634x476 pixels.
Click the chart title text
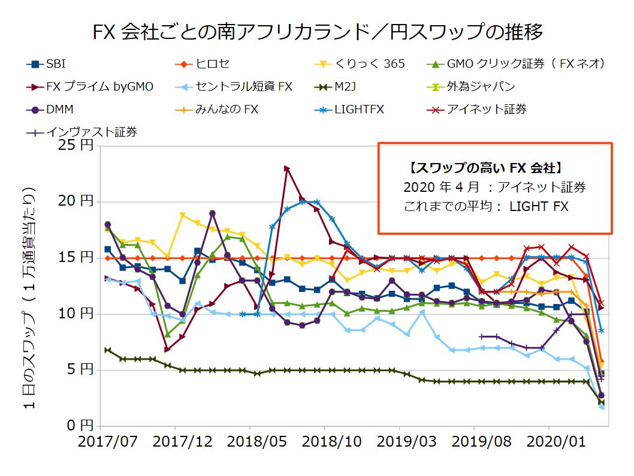(318, 31)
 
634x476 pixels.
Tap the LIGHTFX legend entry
(360, 109)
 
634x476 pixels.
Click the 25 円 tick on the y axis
(78, 146)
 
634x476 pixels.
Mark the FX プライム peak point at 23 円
(287, 169)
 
